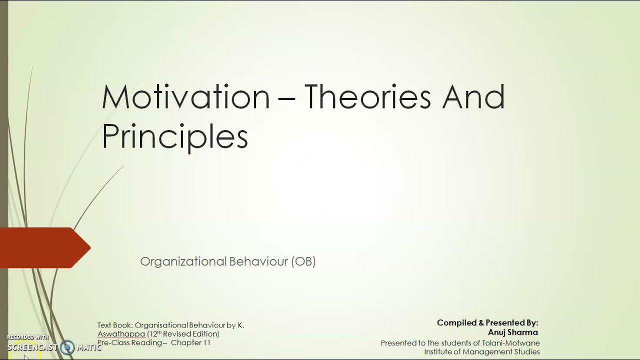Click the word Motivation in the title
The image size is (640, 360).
click(185, 97)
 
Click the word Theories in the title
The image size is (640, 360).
click(367, 97)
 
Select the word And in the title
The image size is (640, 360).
click(473, 97)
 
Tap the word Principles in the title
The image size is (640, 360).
click(174, 136)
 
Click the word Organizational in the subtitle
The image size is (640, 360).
click(183, 261)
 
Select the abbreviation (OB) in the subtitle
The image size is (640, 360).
click(303, 261)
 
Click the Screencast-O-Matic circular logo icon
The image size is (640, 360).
click(67, 347)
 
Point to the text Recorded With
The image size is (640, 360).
click(28, 337)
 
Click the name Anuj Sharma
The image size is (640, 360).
click(513, 332)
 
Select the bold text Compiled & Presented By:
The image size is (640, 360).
click(487, 323)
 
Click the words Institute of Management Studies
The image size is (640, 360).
click(482, 352)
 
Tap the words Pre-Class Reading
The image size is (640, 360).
click(130, 342)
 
